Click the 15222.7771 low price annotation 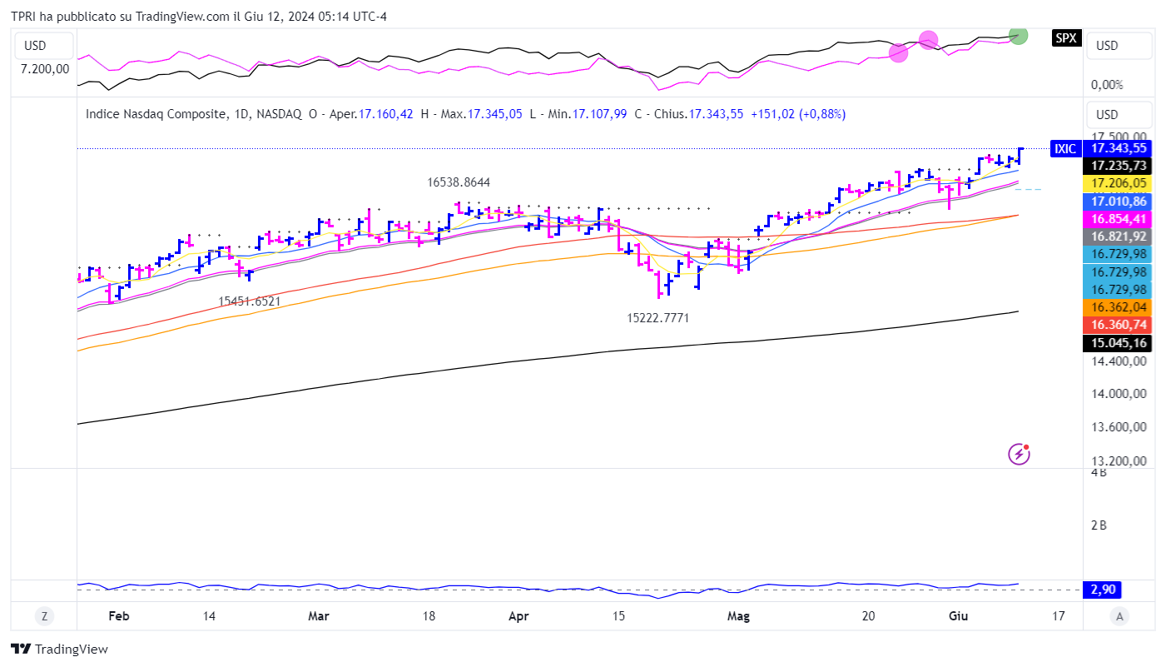(x=657, y=318)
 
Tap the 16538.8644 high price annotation (x=459, y=182)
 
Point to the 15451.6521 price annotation (x=250, y=301)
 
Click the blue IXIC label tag (x=1065, y=149)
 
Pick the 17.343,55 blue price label (x=1119, y=148)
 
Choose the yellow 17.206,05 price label (x=1119, y=183)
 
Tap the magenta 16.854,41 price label (x=1119, y=219)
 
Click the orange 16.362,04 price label (x=1119, y=306)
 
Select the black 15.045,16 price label (x=1119, y=343)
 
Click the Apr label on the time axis (x=518, y=617)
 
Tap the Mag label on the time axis (x=738, y=617)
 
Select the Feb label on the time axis (x=119, y=617)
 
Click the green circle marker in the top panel (x=1017, y=35)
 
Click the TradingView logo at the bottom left (x=59, y=649)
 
